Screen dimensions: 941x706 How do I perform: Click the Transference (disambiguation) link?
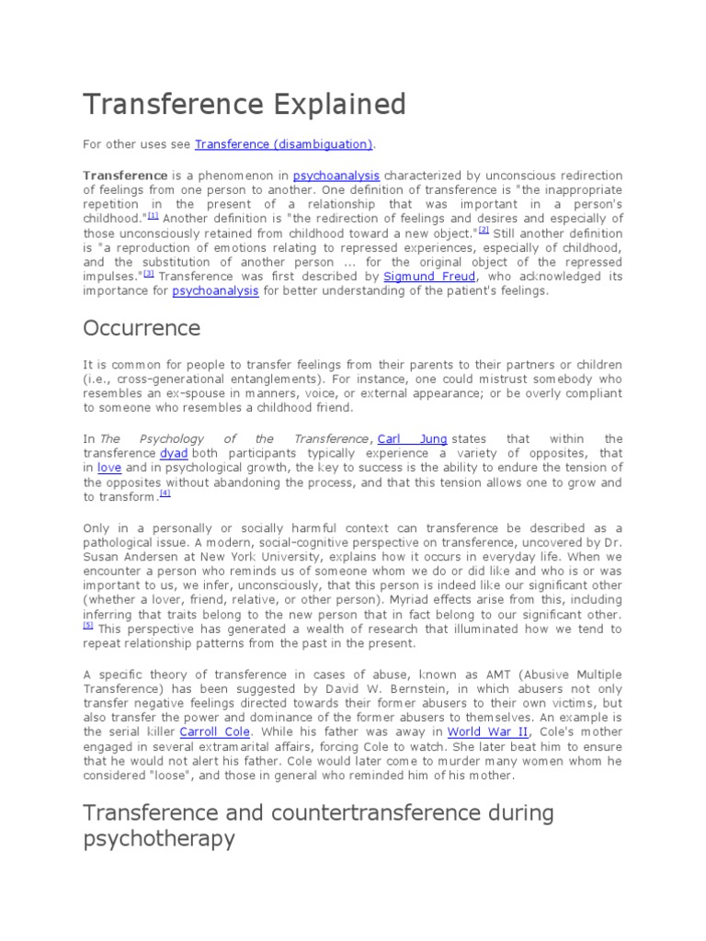coord(284,144)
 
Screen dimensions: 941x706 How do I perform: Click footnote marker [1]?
coord(153,215)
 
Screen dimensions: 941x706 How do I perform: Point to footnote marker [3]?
coord(147,273)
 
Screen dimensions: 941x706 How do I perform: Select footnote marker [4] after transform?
coord(165,493)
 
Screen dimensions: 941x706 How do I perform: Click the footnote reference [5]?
coord(88,625)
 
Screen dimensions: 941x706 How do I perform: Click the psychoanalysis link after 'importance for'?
coord(216,290)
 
